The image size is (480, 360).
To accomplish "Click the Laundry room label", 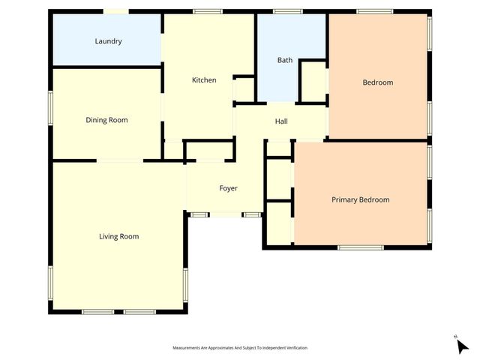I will pos(108,41).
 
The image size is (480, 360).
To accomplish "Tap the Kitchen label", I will pos(204,80).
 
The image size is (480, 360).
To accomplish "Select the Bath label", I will pos(285,60).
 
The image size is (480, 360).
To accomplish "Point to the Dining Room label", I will pos(106,120).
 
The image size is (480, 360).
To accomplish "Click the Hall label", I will pos(281,121).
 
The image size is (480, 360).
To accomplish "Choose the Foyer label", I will pos(228,188).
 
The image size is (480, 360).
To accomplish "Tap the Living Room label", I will pos(118,236).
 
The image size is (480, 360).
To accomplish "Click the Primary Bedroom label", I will pos(361,199).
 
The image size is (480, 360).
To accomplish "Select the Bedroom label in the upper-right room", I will pos(377,82).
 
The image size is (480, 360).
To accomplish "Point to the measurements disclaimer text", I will pos(240,348).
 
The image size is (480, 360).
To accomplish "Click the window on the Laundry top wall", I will pos(115,11).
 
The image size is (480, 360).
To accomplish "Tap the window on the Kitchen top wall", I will pos(207,11).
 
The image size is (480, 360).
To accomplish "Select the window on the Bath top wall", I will pos(287,11).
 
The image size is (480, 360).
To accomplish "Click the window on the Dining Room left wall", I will pos(51,106).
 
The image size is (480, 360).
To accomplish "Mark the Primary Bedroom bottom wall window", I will pos(360,247).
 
